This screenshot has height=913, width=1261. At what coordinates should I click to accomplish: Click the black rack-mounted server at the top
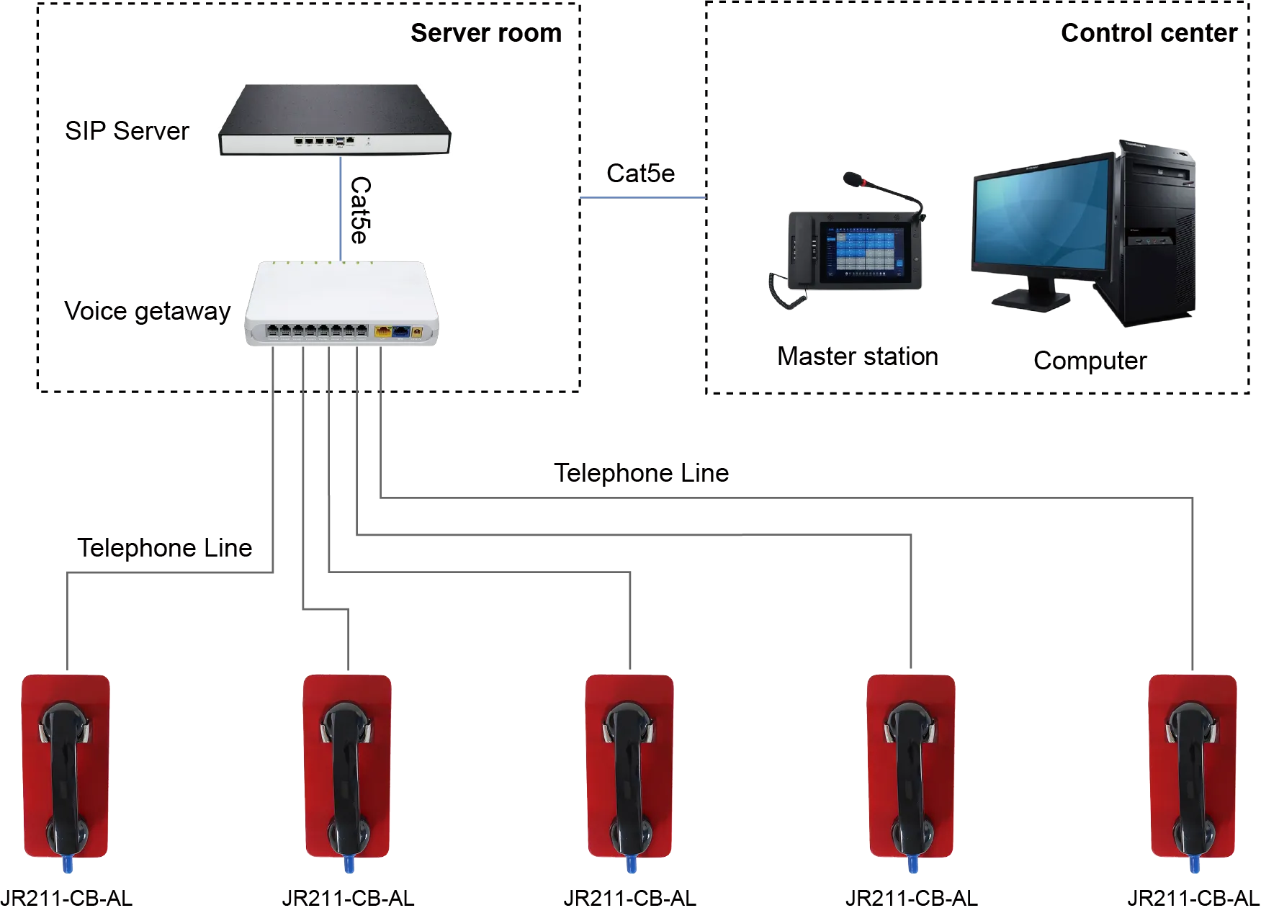(334, 120)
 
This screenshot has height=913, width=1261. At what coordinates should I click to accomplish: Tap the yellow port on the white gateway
(382, 332)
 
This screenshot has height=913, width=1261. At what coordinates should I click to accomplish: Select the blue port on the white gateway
(400, 332)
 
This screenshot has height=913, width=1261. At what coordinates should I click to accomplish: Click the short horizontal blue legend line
(642, 198)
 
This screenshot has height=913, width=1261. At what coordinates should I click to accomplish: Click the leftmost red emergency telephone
(66, 766)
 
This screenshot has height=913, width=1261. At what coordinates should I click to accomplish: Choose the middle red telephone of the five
(629, 766)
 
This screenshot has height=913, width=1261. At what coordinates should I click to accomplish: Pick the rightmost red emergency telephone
(1193, 766)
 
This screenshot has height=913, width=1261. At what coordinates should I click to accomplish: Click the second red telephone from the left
(347, 766)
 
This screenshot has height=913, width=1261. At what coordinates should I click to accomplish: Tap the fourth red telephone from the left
(911, 766)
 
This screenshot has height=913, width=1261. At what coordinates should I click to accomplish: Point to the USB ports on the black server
(339, 141)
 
